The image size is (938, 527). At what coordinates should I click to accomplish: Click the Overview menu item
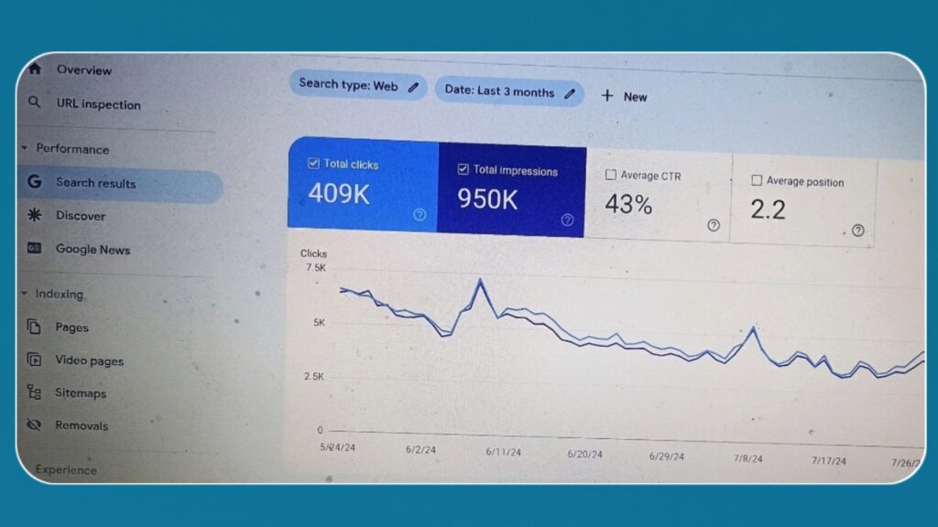(83, 70)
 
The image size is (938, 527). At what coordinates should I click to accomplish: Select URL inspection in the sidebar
(98, 104)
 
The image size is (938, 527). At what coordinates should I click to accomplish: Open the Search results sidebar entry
(95, 183)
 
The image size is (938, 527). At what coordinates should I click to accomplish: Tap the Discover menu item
(81, 216)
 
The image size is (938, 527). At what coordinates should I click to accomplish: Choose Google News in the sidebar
(93, 249)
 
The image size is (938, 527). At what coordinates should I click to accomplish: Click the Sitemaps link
(81, 393)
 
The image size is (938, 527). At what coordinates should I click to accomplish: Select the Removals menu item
(82, 425)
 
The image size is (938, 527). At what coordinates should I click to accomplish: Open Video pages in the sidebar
(89, 360)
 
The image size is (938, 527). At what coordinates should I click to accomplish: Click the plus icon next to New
(606, 96)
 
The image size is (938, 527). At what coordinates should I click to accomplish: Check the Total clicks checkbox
(313, 164)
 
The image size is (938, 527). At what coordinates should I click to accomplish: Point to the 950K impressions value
(487, 199)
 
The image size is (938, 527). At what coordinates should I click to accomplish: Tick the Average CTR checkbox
(611, 175)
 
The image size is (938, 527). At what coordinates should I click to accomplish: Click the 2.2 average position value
(768, 210)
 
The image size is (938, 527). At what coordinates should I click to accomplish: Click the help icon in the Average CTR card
(713, 225)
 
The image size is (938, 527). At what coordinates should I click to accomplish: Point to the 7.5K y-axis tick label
(315, 268)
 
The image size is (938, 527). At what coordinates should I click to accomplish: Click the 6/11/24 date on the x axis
(503, 452)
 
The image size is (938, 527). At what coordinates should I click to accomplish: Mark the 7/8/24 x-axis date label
(747, 458)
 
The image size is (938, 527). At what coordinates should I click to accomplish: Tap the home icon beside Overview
(35, 69)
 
